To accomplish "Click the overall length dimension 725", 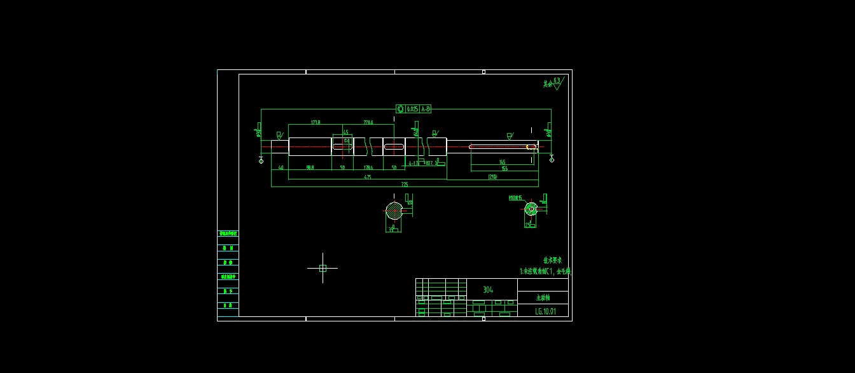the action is tap(404, 184).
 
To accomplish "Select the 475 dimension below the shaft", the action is tap(367, 177).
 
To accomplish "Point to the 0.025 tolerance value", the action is tap(412, 109).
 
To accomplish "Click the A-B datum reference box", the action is tap(426, 109).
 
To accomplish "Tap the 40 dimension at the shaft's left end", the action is tap(281, 167).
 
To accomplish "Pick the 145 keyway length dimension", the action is tap(502, 162).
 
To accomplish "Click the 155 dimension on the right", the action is tap(504, 169).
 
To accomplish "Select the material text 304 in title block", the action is tap(487, 290).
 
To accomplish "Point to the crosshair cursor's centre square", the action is tap(323, 268).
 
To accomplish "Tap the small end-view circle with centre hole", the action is tap(531, 208).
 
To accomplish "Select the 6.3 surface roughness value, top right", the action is tap(557, 80).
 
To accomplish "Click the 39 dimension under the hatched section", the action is tap(391, 229).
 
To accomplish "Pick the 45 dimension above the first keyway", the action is tap(345, 132).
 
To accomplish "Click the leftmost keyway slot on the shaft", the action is tap(342, 146).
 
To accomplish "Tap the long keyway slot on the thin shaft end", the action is tap(503, 147).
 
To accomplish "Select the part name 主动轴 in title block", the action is tap(542, 297).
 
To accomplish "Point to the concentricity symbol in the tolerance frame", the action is tap(400, 109).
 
